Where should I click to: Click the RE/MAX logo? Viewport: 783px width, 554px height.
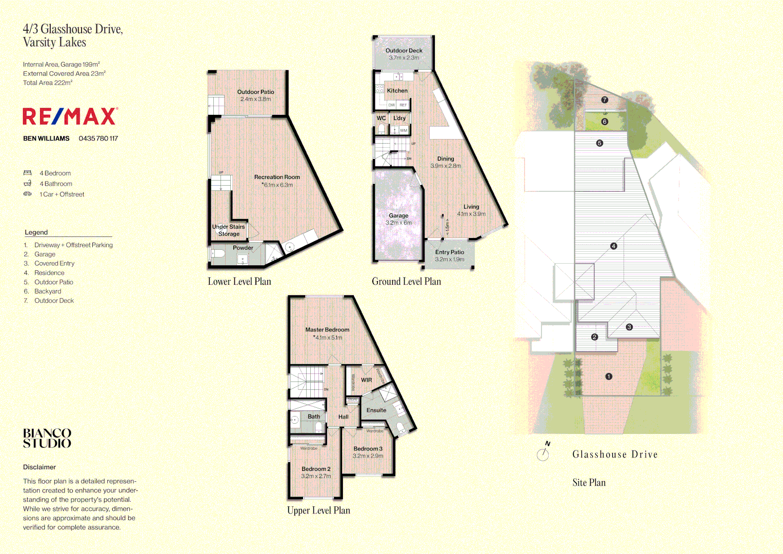[x=70, y=116]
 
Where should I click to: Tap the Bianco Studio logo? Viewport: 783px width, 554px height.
[x=47, y=439]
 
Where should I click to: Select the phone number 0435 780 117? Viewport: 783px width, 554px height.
[x=98, y=138]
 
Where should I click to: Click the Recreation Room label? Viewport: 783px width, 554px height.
[x=277, y=177]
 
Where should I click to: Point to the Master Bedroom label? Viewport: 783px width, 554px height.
[x=327, y=330]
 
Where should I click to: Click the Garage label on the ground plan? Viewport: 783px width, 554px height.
[x=398, y=216]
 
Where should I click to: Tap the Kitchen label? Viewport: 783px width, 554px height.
[x=397, y=91]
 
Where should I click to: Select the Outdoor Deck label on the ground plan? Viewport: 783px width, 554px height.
[x=404, y=51]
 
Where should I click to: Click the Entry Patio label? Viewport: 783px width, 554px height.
[x=450, y=252]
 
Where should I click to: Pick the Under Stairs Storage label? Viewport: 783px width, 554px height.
[x=229, y=230]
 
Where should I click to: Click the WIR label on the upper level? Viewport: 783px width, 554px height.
[x=366, y=380]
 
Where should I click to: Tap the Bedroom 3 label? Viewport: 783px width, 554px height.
[x=368, y=449]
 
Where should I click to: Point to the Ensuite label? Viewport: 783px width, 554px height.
[x=376, y=410]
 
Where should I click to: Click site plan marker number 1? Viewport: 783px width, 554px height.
[x=609, y=377]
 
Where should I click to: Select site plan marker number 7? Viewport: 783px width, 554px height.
[x=605, y=100]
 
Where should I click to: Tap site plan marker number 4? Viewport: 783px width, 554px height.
[x=613, y=246]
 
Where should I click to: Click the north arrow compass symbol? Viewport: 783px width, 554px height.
[x=543, y=453]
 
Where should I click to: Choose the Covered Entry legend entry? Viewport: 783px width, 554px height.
[x=54, y=264]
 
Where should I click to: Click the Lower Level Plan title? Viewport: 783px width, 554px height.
[x=239, y=282]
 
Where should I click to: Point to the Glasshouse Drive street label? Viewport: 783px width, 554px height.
[x=615, y=454]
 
